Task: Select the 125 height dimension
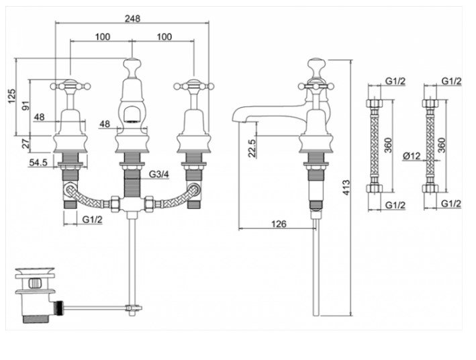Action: (11, 97)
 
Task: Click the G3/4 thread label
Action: (158, 175)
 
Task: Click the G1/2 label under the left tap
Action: (92, 220)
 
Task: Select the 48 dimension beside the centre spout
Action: (105, 124)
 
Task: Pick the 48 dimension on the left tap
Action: (39, 118)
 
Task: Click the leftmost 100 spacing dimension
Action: (101, 36)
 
